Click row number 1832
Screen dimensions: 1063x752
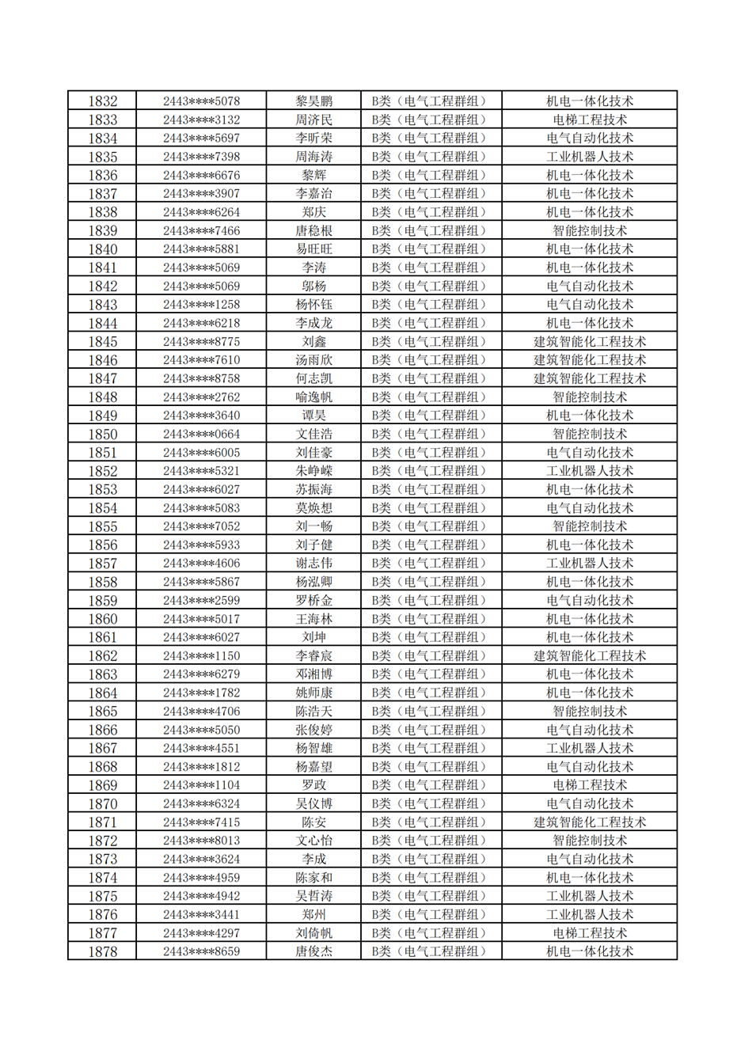pos(102,101)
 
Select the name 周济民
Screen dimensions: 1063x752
pos(313,120)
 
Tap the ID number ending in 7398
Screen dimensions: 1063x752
pos(201,157)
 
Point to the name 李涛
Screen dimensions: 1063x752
pos(313,268)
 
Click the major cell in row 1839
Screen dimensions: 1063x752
pos(589,230)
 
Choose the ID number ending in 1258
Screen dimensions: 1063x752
pos(201,305)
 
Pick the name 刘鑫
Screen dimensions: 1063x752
pos(313,341)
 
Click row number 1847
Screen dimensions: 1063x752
pos(102,378)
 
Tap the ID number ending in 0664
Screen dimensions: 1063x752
pos(201,434)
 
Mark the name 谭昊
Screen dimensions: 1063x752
pos(313,416)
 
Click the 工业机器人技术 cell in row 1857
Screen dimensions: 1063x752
pos(589,564)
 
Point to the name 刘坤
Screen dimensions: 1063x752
pos(313,637)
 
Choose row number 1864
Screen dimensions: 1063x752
pos(102,693)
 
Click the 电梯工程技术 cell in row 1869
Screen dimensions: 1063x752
pos(589,785)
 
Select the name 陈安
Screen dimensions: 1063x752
pos(313,822)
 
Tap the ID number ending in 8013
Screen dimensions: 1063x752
pos(201,841)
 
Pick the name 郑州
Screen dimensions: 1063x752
pos(313,914)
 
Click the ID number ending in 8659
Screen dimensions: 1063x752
pos(201,951)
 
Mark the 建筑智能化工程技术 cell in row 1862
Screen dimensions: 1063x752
pos(589,655)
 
